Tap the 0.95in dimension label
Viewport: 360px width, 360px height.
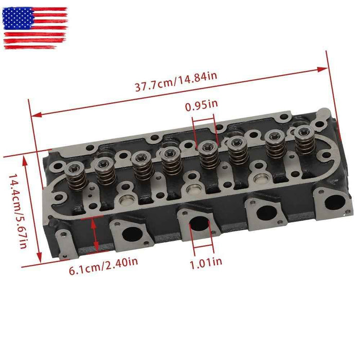(201, 106)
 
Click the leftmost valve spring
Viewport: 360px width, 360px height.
(78, 175)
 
